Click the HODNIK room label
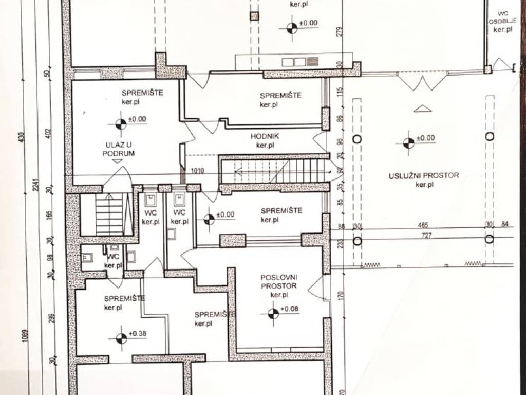click(x=265, y=136)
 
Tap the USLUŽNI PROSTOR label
click(x=424, y=175)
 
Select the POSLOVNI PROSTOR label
click(x=279, y=282)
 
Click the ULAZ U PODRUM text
click(x=119, y=149)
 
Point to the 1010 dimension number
click(x=197, y=171)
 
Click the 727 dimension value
click(x=426, y=236)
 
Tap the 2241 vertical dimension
click(x=36, y=185)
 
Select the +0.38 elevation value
click(x=138, y=333)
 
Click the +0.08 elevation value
click(x=289, y=309)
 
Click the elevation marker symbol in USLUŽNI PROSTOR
click(x=408, y=143)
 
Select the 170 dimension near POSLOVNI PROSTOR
click(x=341, y=296)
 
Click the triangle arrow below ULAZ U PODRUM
click(x=117, y=161)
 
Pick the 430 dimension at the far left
click(x=22, y=137)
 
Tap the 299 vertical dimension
click(x=51, y=318)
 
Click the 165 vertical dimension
click(x=50, y=214)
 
